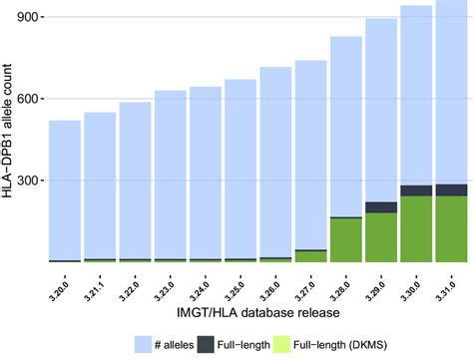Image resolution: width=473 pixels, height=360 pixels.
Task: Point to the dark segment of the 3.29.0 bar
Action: pyautogui.click(x=381, y=207)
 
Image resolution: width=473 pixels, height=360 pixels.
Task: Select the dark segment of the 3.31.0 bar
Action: pyautogui.click(x=451, y=189)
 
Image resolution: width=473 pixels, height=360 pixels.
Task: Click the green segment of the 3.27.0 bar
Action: pyautogui.click(x=310, y=256)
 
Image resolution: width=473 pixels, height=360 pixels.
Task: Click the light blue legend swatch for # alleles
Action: pyautogui.click(x=145, y=344)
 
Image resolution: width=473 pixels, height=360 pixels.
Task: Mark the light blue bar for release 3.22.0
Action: pyautogui.click(x=135, y=180)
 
